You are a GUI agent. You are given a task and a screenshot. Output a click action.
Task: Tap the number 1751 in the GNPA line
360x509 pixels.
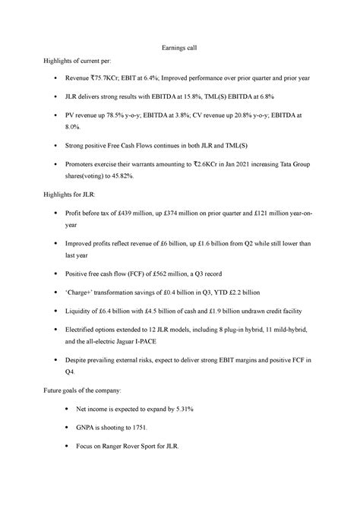(144, 427)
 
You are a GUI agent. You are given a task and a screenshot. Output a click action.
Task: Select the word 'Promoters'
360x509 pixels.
(86, 161)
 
